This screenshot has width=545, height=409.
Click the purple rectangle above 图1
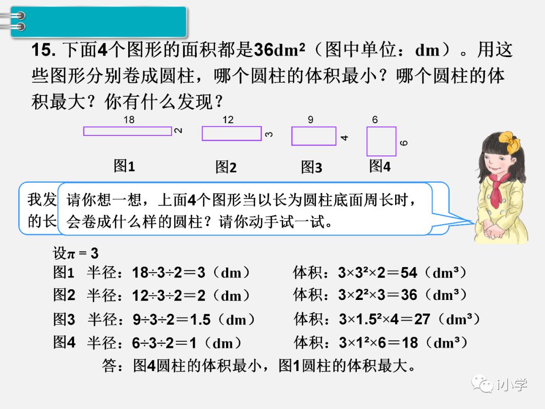[128, 131]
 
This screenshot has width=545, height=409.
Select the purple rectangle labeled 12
[232, 133]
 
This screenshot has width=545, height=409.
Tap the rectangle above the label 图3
[313, 136]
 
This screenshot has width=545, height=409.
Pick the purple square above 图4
[381, 141]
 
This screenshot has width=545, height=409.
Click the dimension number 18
[129, 120]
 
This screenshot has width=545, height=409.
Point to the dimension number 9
[310, 120]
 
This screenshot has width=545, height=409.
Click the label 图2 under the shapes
[226, 167]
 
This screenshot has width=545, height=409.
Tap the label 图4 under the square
[379, 166]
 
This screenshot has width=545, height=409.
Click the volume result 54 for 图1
[409, 273]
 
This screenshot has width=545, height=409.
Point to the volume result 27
[422, 320]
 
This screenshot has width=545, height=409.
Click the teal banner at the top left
[98, 21]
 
